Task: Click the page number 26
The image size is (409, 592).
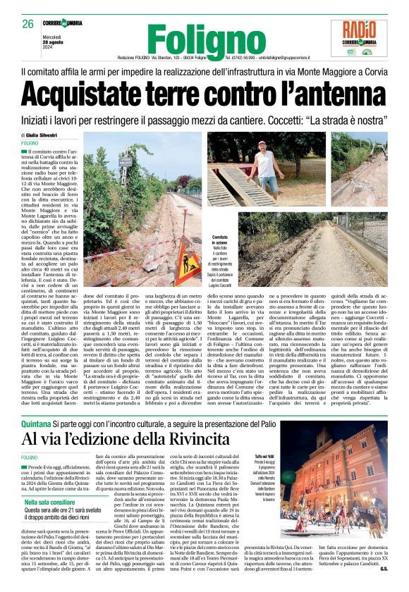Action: pyautogui.click(x=28, y=24)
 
